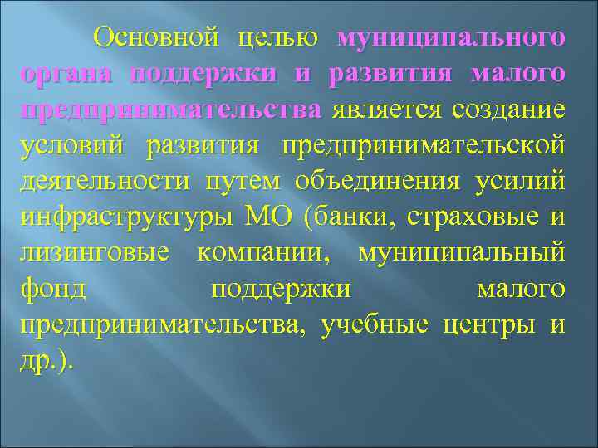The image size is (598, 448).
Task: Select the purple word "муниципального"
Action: click(453, 40)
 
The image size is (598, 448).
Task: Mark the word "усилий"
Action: click(521, 182)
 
